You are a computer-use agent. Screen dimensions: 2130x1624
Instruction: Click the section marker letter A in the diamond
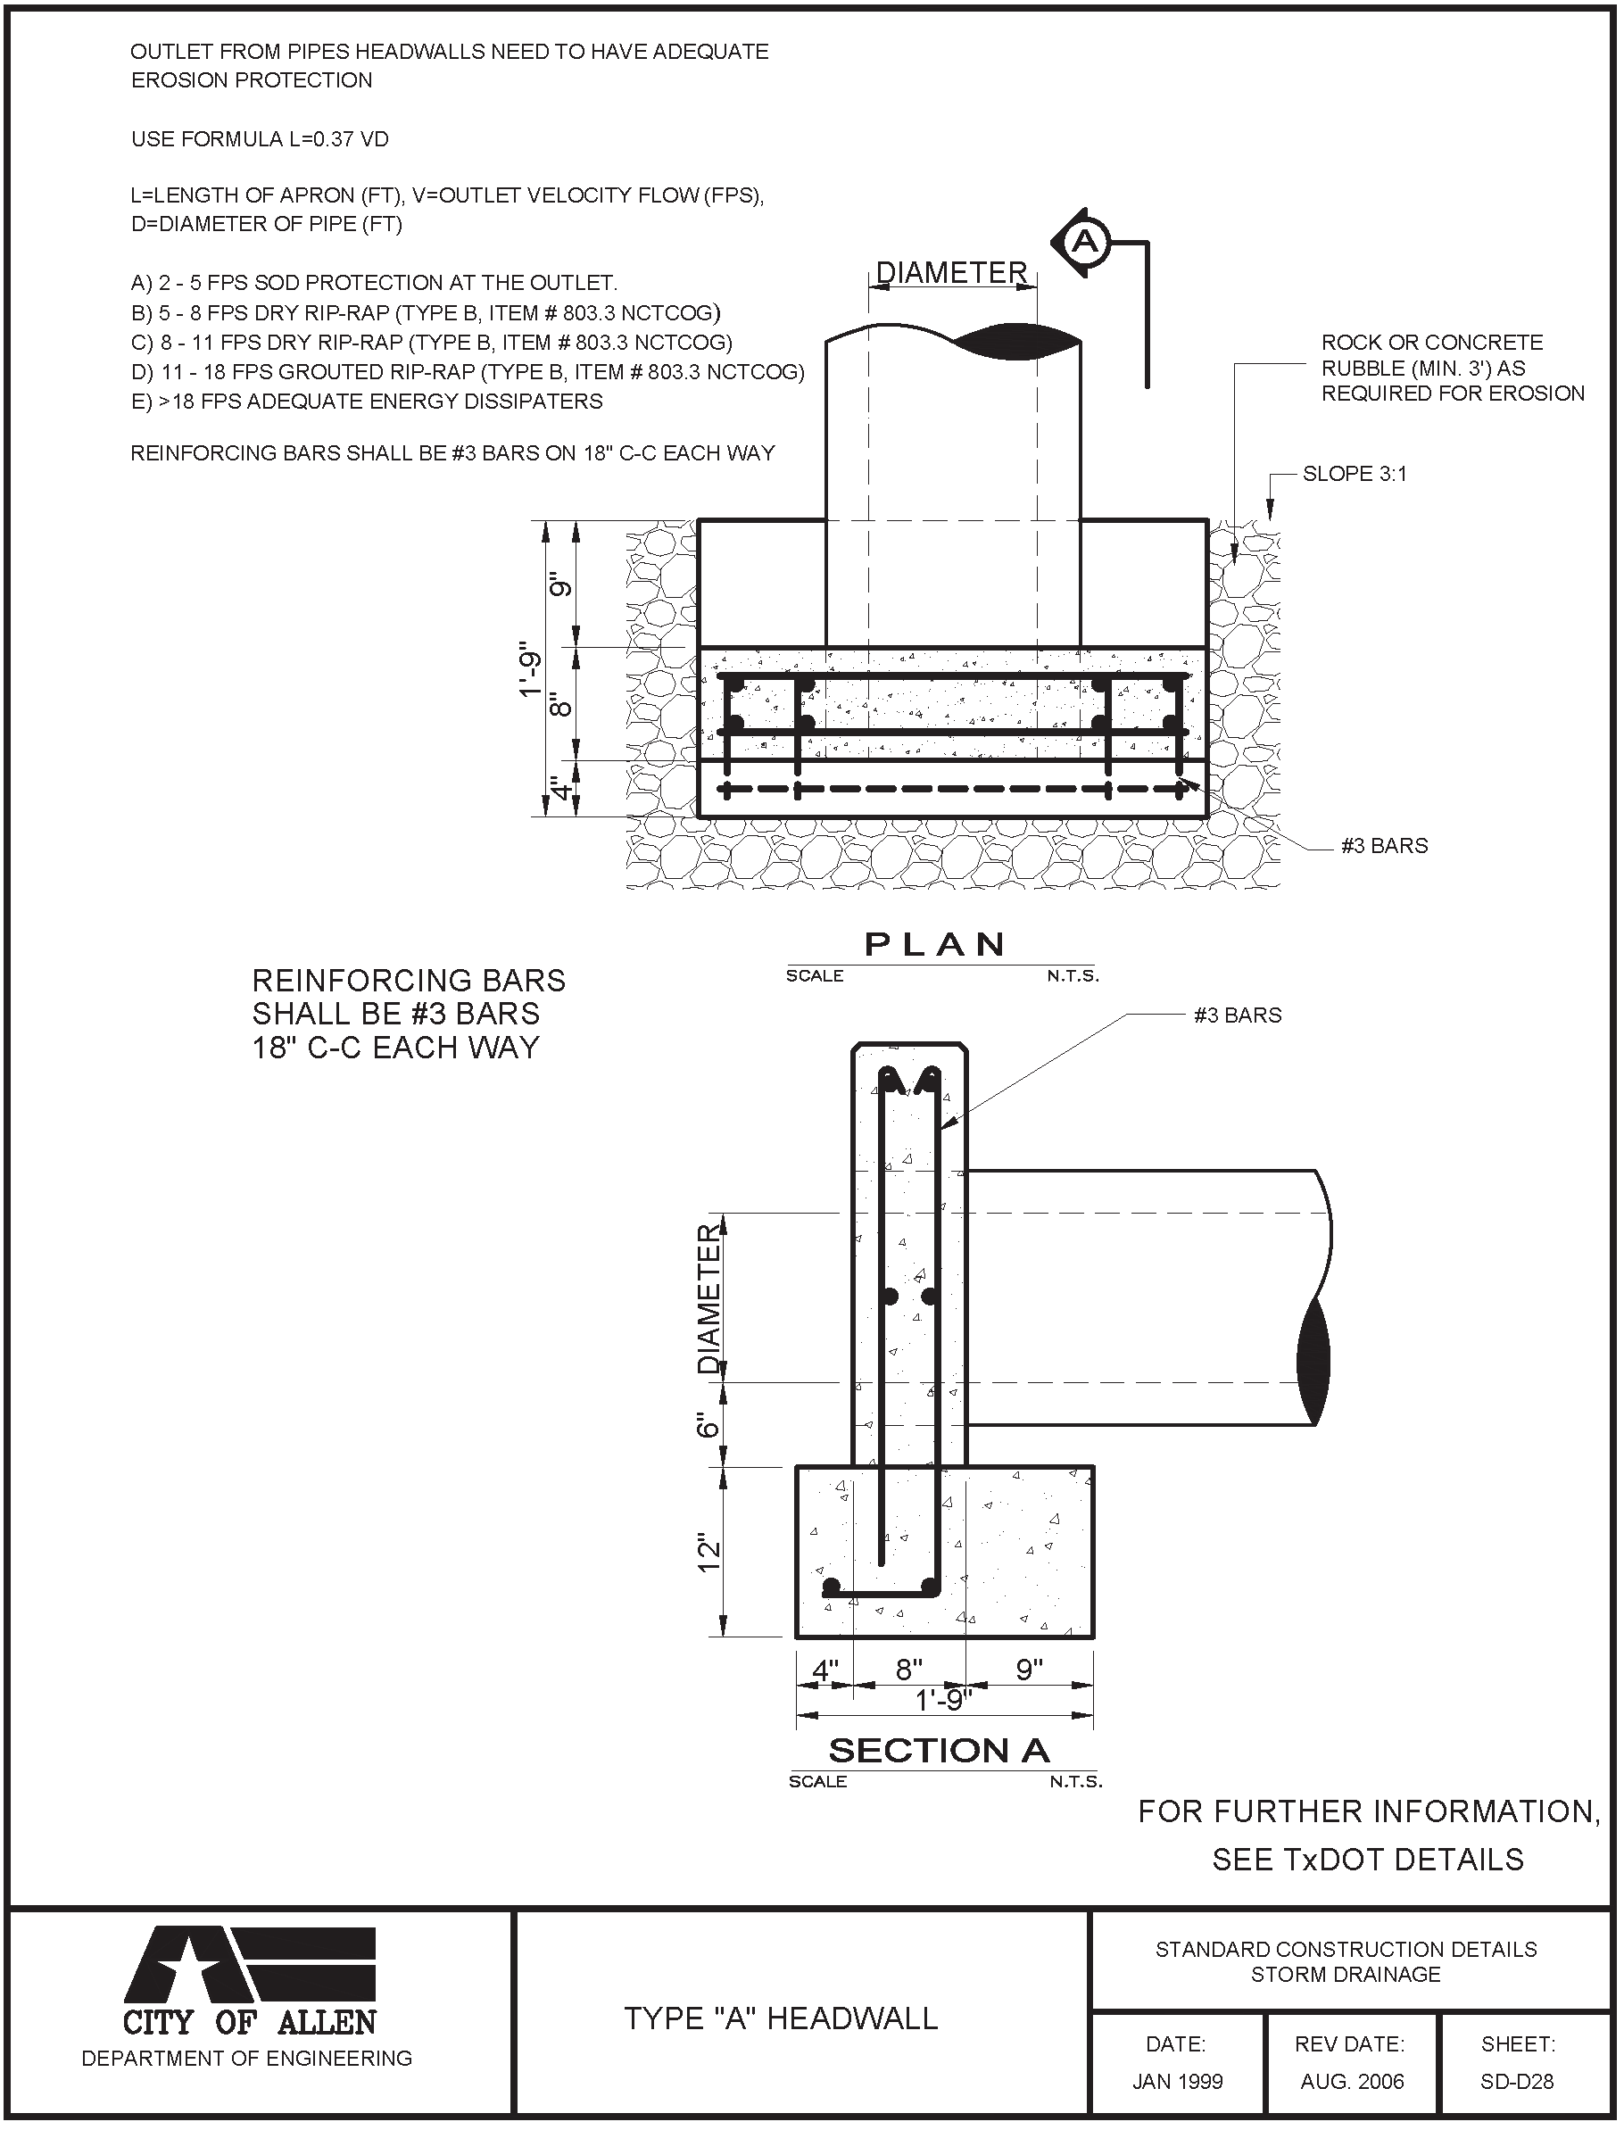pos(1086,241)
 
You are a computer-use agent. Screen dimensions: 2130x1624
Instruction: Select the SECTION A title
pos(939,1750)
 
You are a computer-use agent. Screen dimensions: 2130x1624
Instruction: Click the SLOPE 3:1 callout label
pos(1355,474)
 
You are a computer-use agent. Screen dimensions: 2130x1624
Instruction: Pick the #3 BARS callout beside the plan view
pos(1384,846)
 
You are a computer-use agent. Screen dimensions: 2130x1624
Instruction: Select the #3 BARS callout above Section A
pos(1238,1015)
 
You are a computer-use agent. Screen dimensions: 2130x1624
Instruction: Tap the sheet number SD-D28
pos(1517,2082)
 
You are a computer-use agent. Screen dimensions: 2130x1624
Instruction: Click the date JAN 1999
pos(1178,2082)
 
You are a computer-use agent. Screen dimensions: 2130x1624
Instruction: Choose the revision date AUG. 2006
pos(1351,2082)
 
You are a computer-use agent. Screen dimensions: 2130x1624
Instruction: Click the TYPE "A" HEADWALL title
pos(780,2018)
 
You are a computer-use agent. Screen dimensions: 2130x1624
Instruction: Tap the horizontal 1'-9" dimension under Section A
pos(943,1699)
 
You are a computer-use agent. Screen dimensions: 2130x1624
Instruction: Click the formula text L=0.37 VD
pos(260,139)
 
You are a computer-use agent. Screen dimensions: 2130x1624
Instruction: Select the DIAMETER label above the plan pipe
pos(951,273)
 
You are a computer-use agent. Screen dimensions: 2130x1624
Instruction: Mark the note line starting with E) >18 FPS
pos(367,401)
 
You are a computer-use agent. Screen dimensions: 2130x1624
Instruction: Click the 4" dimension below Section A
pos(824,1669)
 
